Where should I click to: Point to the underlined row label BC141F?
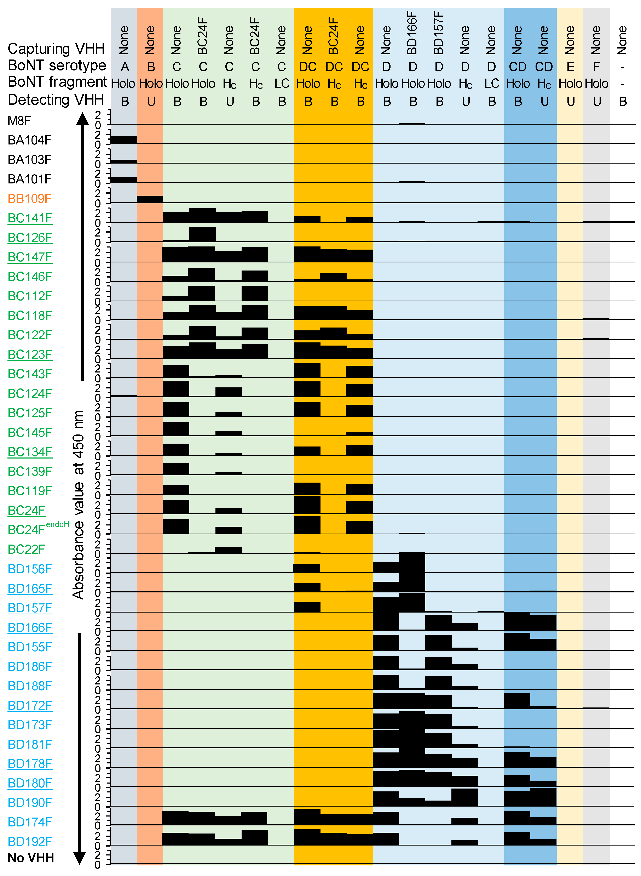(x=30, y=218)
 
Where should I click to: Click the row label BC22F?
(x=26, y=549)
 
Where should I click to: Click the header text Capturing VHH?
(x=56, y=49)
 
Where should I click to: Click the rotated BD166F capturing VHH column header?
(x=412, y=33)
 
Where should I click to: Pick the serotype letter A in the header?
(x=125, y=67)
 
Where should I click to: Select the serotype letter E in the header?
(x=570, y=67)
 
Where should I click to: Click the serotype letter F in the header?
(x=596, y=67)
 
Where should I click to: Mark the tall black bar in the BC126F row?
(x=202, y=234)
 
